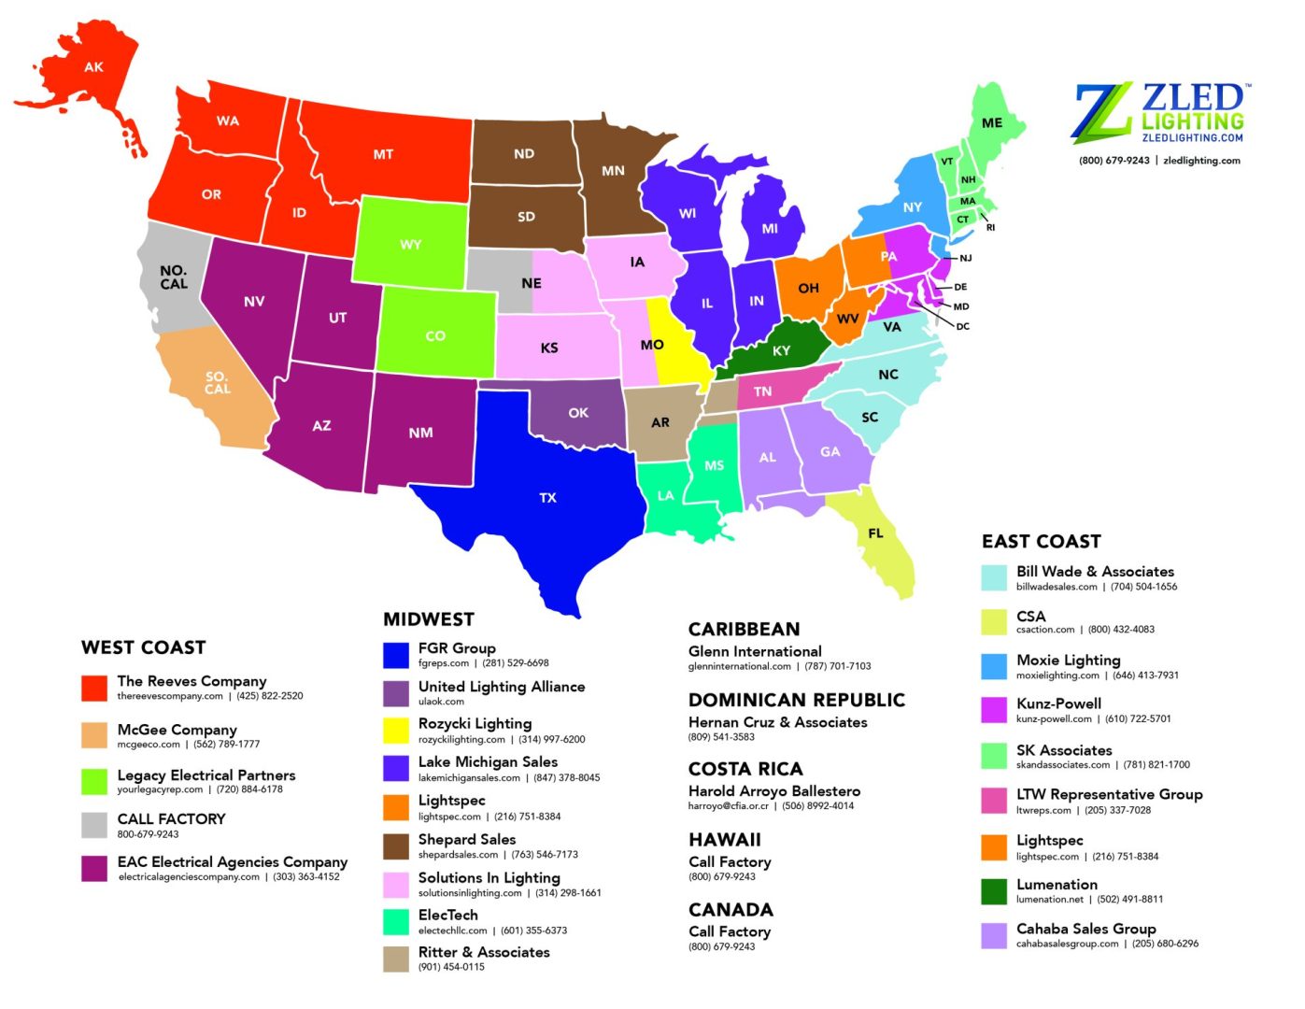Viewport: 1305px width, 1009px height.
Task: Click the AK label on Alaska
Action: pos(93,67)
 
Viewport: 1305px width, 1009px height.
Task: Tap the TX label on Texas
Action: pos(547,498)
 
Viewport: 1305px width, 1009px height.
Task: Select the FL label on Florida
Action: pos(875,533)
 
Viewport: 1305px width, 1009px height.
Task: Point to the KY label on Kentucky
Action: pos(781,351)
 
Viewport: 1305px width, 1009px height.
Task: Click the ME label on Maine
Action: pos(992,122)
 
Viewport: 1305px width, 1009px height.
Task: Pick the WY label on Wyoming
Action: pos(410,245)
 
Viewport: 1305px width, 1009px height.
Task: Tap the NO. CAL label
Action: pos(174,277)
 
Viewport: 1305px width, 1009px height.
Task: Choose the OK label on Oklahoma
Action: pos(578,413)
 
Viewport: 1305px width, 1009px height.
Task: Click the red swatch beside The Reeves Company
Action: pos(94,688)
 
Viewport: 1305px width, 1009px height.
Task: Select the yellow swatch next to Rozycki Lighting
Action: pos(396,730)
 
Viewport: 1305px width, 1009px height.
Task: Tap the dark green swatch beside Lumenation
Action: pos(994,891)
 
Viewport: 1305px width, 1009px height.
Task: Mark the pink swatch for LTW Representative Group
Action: pos(994,801)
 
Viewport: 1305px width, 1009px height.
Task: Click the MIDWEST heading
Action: pos(429,619)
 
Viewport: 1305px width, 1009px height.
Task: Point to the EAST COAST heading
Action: pos(1041,542)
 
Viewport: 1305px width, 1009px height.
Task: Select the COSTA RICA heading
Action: pos(745,769)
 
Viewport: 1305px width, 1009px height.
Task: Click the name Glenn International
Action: pos(755,651)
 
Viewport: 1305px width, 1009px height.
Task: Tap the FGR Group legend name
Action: pos(457,647)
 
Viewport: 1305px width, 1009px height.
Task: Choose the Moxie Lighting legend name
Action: pos(1068,660)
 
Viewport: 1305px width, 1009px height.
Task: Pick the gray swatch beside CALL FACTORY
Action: pos(94,825)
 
